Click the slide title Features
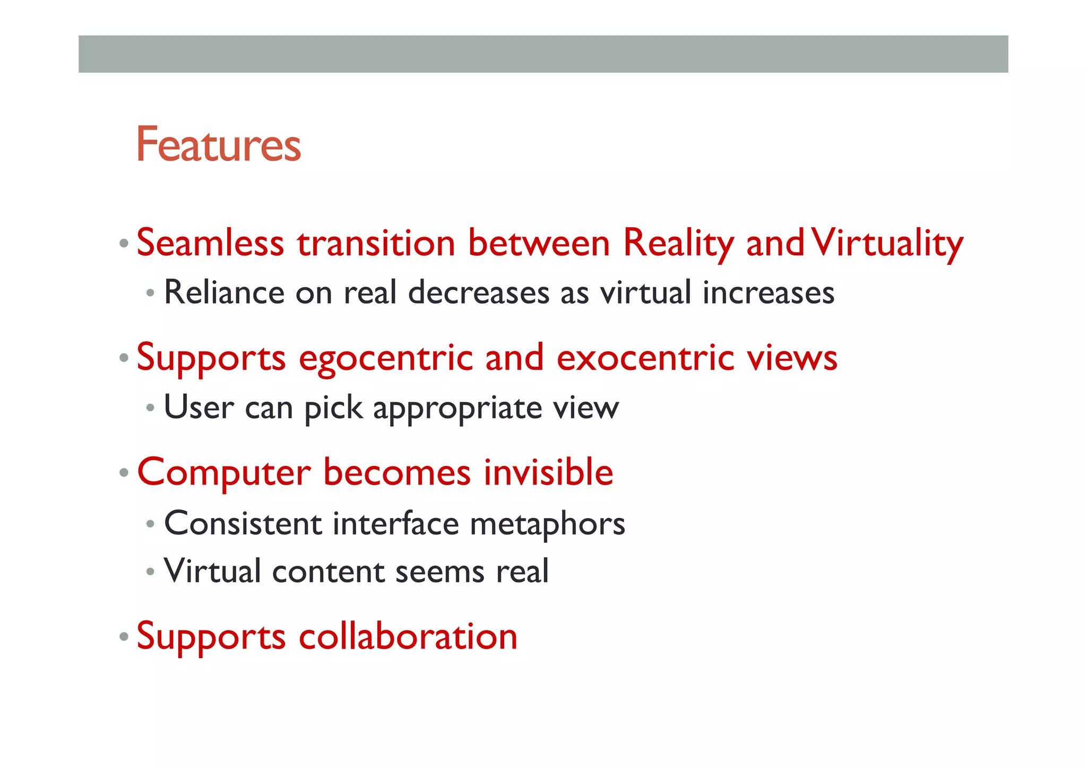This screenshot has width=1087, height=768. click(x=218, y=144)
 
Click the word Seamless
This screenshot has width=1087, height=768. click(x=210, y=243)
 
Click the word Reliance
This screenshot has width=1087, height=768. click(x=224, y=293)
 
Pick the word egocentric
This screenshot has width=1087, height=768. click(x=385, y=358)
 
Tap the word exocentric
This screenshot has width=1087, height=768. click(x=645, y=358)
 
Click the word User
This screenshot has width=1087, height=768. click(x=199, y=408)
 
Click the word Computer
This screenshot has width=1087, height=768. click(x=223, y=472)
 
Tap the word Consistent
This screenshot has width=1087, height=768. click(x=243, y=524)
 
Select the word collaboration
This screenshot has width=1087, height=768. click(x=408, y=636)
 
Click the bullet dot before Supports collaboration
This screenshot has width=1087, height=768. click(x=124, y=636)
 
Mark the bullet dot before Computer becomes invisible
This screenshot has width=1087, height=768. click(x=124, y=472)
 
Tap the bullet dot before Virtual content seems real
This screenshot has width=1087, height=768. click(x=151, y=572)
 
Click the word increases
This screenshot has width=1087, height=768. click(x=768, y=293)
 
